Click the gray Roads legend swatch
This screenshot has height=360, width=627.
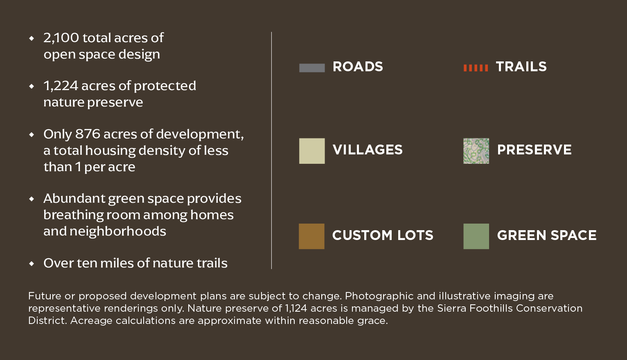(312, 68)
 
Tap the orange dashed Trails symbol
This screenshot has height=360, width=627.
(476, 68)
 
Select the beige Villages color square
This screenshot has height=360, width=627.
(312, 151)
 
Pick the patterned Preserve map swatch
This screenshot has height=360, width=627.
(476, 151)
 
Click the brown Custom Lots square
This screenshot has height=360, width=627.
(311, 236)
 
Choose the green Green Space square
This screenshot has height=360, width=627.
(476, 236)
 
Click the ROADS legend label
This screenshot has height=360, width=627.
(358, 67)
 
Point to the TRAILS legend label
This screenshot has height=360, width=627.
(521, 67)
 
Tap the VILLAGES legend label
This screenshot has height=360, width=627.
(368, 149)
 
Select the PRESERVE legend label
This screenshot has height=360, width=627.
(535, 149)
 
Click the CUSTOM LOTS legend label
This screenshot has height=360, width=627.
(383, 235)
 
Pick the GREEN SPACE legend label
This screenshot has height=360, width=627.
(547, 235)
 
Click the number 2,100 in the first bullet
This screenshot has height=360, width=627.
(61, 38)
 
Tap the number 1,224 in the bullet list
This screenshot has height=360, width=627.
(61, 86)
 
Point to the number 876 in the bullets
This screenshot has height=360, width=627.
(88, 134)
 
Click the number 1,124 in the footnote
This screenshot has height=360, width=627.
(296, 308)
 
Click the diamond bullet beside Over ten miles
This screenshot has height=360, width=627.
(32, 263)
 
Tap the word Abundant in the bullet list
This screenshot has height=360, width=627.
(74, 198)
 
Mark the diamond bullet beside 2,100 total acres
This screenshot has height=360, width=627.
(32, 38)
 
